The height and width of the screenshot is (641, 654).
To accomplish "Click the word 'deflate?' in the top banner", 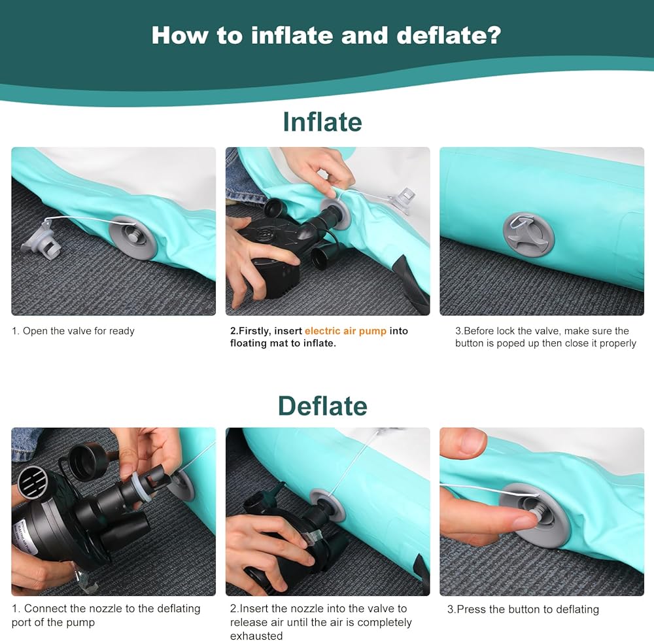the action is click(x=449, y=35).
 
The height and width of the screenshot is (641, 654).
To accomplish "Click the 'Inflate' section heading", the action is click(x=322, y=122).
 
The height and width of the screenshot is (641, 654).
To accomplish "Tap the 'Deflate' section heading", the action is click(x=322, y=406).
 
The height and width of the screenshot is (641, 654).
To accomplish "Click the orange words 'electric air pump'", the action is click(x=345, y=331).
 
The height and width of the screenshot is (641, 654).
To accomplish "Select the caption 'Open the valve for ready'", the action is click(x=78, y=331).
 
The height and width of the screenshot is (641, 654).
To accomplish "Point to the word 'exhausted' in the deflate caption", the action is click(x=256, y=636).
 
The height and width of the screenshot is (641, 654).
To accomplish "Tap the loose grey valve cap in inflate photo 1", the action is click(x=41, y=242).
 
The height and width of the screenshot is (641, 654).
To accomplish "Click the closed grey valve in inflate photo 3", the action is click(x=529, y=234).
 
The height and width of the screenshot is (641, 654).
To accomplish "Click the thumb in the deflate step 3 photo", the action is click(x=462, y=446).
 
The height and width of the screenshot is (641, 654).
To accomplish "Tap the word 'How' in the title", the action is click(x=179, y=35).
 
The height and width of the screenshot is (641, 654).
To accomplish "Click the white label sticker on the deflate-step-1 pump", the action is click(x=24, y=538).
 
